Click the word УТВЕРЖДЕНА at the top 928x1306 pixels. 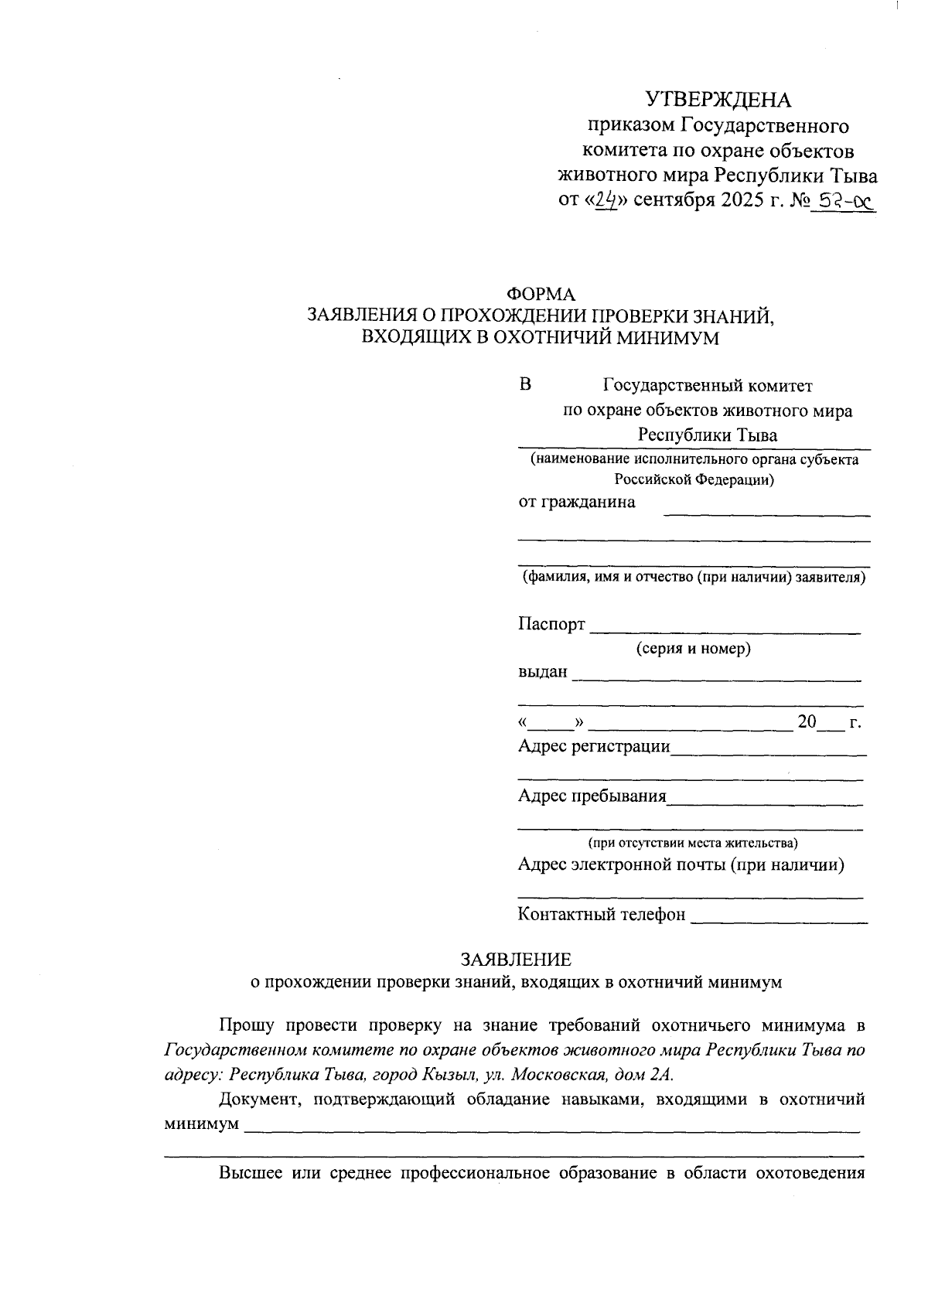719,100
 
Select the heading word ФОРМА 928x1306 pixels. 541,295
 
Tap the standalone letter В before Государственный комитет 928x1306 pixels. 525,384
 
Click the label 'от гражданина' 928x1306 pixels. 577,502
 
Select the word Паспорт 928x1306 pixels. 551,625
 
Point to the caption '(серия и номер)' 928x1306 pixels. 693,649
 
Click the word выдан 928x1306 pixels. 543,672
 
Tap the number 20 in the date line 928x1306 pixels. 807,722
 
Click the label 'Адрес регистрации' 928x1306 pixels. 594,746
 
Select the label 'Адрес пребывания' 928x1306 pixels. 592,796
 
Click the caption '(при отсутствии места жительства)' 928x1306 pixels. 693,842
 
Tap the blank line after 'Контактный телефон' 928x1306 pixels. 778,920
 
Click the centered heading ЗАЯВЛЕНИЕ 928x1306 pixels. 516,960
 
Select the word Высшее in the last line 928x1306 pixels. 250,1173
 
